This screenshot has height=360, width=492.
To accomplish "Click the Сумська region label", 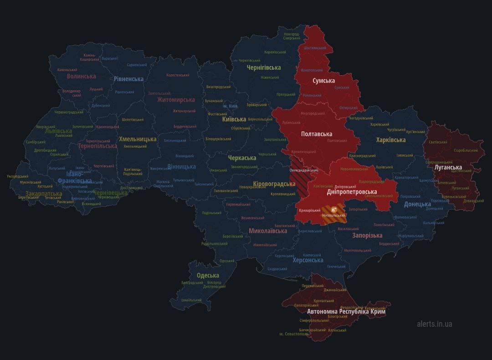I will click(x=323, y=81).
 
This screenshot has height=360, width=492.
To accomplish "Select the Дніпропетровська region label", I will click(x=352, y=192).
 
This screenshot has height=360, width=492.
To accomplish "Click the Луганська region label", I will click(x=448, y=167).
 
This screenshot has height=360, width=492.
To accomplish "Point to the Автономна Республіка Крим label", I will click(x=346, y=312).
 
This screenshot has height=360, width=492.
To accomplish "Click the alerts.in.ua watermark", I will click(x=434, y=324).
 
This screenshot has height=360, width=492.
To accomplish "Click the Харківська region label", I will click(x=390, y=140).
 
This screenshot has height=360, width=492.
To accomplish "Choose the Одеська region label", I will click(x=208, y=275).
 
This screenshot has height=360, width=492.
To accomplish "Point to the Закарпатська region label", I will click(x=44, y=193).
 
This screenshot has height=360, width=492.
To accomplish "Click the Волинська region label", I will click(x=81, y=76).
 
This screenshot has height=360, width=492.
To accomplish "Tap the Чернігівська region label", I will click(x=263, y=67).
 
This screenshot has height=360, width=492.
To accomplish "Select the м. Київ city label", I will click(x=230, y=106).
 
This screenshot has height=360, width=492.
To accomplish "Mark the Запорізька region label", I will click(x=367, y=236).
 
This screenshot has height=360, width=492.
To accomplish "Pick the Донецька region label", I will click(x=417, y=204).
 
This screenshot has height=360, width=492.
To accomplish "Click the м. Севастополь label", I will click(x=294, y=334).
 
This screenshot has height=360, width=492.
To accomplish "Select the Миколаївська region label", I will click(x=268, y=231).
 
